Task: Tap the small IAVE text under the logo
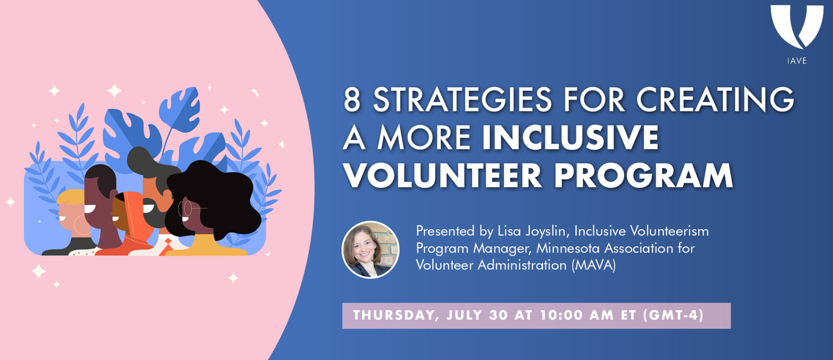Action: pos(797,61)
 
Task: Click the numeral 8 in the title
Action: pos(352,100)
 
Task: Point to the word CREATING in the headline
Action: pos(715,100)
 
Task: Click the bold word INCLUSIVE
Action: pos(571,137)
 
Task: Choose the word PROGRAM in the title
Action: pos(643,175)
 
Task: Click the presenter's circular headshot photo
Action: pos(370,250)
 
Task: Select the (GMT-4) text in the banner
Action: pos(673,315)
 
